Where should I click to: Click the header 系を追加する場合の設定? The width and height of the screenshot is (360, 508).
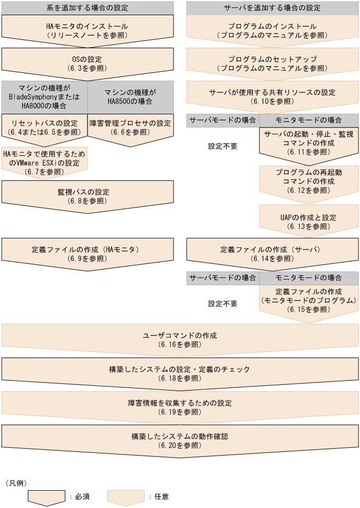[x=87, y=8]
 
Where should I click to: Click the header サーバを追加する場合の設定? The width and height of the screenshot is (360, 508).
[x=272, y=8]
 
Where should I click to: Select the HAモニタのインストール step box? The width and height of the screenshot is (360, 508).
[x=87, y=30]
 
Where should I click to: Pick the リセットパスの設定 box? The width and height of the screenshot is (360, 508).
[x=44, y=127]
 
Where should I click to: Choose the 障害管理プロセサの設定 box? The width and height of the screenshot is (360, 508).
[x=130, y=127]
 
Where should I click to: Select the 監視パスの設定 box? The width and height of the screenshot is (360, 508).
[x=87, y=196]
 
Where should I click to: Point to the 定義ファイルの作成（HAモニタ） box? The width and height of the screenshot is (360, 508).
[x=87, y=254]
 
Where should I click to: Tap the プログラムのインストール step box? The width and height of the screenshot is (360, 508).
[x=272, y=30]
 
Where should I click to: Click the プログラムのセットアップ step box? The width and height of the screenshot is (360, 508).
[x=272, y=63]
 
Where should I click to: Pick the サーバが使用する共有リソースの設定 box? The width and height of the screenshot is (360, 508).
[x=272, y=96]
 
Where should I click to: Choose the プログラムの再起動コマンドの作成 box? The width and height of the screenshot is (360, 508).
[x=309, y=181]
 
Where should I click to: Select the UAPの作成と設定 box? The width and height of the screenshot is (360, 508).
[x=309, y=221]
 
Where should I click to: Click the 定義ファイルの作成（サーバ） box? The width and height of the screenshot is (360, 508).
[x=272, y=254]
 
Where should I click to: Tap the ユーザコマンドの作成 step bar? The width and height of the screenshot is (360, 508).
[x=180, y=340]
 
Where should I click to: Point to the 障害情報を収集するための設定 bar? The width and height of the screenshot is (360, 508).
[x=180, y=407]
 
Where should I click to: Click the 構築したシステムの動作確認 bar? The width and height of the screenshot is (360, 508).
[x=180, y=440]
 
